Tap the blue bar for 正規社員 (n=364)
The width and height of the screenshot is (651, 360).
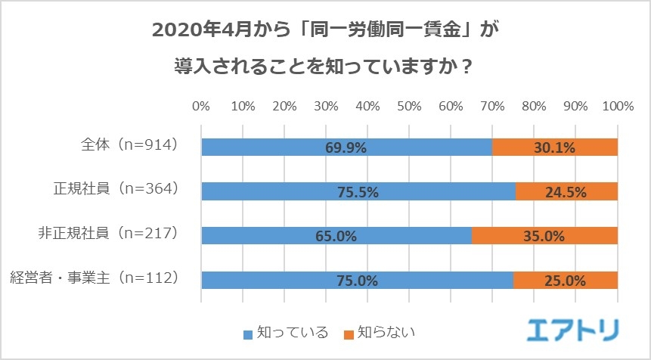(x=358, y=192)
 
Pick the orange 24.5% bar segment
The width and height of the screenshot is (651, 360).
(x=566, y=192)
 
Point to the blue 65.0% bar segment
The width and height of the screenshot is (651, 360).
(x=336, y=236)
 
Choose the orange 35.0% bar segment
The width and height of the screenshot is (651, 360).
(x=544, y=236)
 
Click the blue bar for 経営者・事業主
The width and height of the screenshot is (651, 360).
(x=357, y=280)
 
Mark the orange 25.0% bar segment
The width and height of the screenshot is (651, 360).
(x=566, y=280)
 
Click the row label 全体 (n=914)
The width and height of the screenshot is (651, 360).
(x=129, y=144)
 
